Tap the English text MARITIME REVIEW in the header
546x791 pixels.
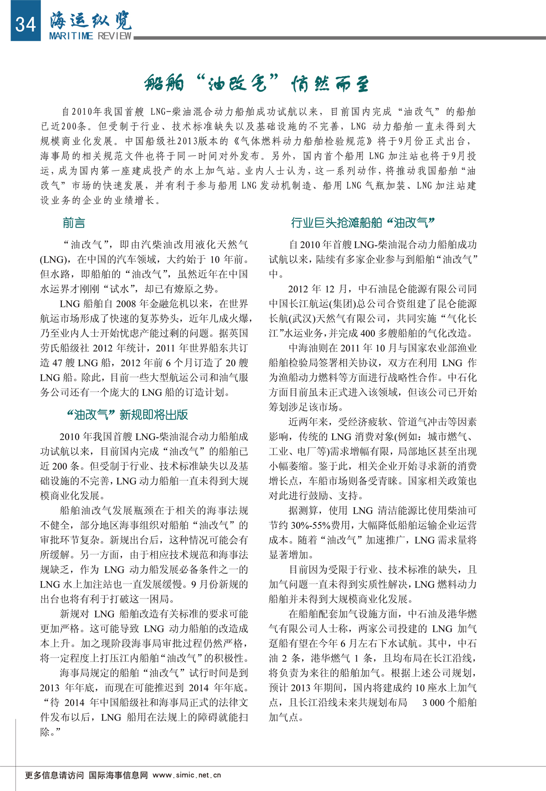click(90, 36)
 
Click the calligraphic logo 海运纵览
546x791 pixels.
click(91, 19)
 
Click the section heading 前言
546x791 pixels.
click(74, 223)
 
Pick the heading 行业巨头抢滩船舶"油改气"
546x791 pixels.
click(363, 223)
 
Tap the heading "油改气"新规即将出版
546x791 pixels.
click(127, 415)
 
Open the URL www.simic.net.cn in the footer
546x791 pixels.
click(187, 775)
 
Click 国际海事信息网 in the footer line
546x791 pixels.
click(118, 775)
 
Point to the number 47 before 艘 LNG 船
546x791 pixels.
click(57, 363)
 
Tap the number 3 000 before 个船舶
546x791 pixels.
click(433, 703)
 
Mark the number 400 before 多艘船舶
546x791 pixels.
click(368, 333)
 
